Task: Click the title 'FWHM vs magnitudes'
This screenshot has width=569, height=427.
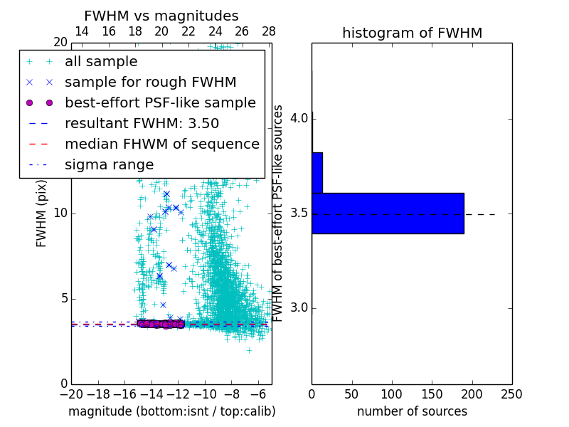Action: pyautogui.click(x=161, y=16)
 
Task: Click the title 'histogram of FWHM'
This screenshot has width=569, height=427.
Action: pyautogui.click(x=412, y=33)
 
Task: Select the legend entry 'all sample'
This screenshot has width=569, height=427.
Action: pyautogui.click(x=101, y=62)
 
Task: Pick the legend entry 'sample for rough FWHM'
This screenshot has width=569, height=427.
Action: pyautogui.click(x=150, y=83)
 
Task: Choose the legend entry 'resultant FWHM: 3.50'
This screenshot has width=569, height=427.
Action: pyautogui.click(x=142, y=124)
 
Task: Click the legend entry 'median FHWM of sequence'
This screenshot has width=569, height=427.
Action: pyautogui.click(x=161, y=144)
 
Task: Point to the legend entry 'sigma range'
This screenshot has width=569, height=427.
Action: pyautogui.click(x=109, y=165)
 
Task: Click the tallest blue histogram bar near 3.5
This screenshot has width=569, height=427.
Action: pyautogui.click(x=388, y=213)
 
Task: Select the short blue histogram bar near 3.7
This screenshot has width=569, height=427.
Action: pyautogui.click(x=317, y=173)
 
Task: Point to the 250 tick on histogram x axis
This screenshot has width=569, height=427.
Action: pyautogui.click(x=511, y=394)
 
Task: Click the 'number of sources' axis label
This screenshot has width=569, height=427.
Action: pyautogui.click(x=412, y=411)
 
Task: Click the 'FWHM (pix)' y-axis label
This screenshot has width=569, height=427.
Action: pyautogui.click(x=42, y=213)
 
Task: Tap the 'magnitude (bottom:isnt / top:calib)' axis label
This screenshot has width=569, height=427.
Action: pyautogui.click(x=171, y=411)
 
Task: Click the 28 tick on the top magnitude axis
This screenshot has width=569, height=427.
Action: pyautogui.click(x=268, y=31)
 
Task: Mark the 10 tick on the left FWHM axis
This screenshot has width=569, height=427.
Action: pyautogui.click(x=60, y=213)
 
